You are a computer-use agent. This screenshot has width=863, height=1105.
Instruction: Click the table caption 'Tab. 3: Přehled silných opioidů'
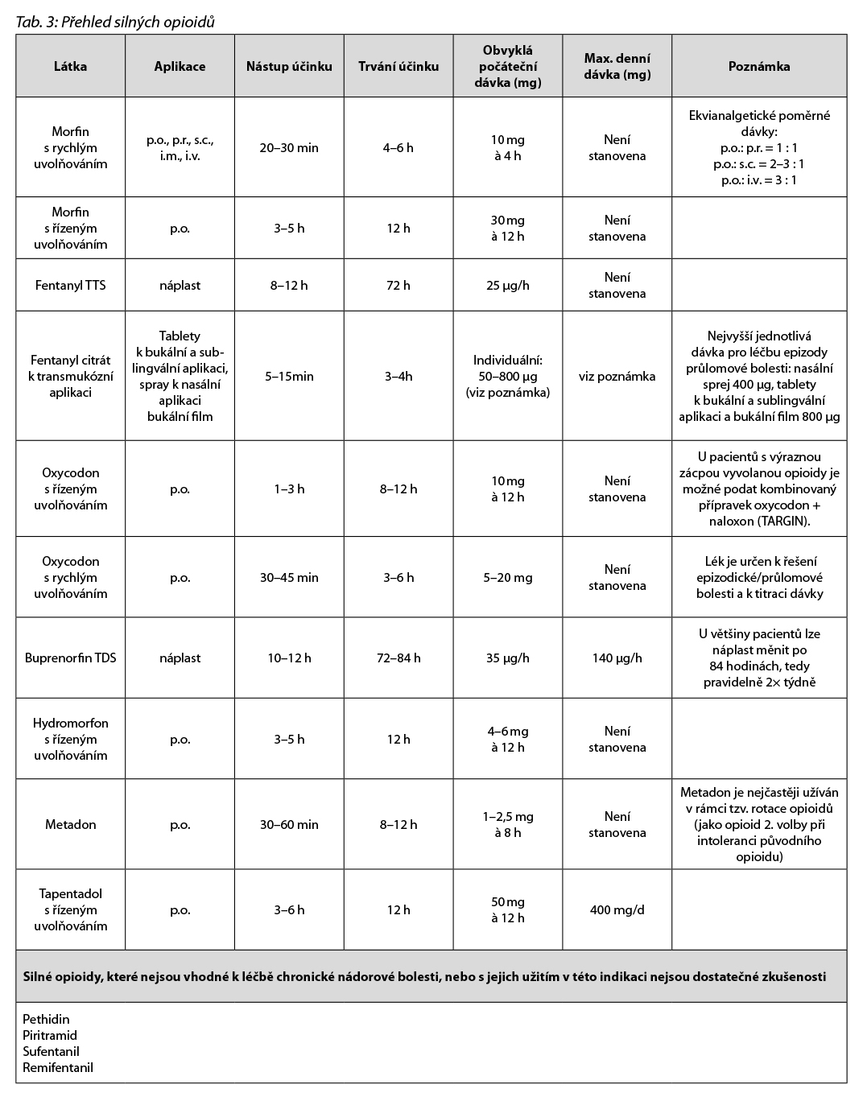click(x=115, y=22)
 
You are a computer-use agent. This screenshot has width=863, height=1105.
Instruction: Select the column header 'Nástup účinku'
click(x=289, y=67)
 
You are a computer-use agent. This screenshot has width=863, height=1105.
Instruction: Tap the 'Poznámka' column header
click(x=758, y=67)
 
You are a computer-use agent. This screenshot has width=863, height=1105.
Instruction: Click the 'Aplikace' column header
click(x=180, y=67)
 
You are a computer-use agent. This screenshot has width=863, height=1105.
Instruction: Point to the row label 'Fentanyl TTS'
click(x=70, y=285)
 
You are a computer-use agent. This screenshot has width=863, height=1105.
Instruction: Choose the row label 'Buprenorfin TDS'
click(x=70, y=658)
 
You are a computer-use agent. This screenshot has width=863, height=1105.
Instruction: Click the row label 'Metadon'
click(x=70, y=824)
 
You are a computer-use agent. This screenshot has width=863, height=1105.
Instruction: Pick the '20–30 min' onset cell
click(x=289, y=148)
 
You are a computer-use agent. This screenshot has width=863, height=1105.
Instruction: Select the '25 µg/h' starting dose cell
click(x=507, y=285)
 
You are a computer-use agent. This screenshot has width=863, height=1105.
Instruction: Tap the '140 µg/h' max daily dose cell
click(x=617, y=658)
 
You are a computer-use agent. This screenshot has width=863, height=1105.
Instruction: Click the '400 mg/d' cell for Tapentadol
click(x=617, y=909)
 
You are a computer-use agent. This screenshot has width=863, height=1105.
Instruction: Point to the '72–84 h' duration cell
click(x=398, y=658)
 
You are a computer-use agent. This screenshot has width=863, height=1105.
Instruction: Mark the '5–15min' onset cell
click(x=289, y=376)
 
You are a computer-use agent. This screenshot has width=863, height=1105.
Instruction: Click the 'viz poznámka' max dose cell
click(x=617, y=376)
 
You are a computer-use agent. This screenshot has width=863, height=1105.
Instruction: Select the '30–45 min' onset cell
click(x=289, y=577)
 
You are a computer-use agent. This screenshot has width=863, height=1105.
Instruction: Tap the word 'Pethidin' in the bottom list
click(x=46, y=1019)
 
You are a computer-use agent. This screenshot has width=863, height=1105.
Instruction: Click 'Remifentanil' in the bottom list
click(x=58, y=1068)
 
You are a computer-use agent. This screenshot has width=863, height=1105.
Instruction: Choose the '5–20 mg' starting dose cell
click(x=507, y=577)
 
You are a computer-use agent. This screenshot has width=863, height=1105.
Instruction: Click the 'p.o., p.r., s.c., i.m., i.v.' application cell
click(x=180, y=148)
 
